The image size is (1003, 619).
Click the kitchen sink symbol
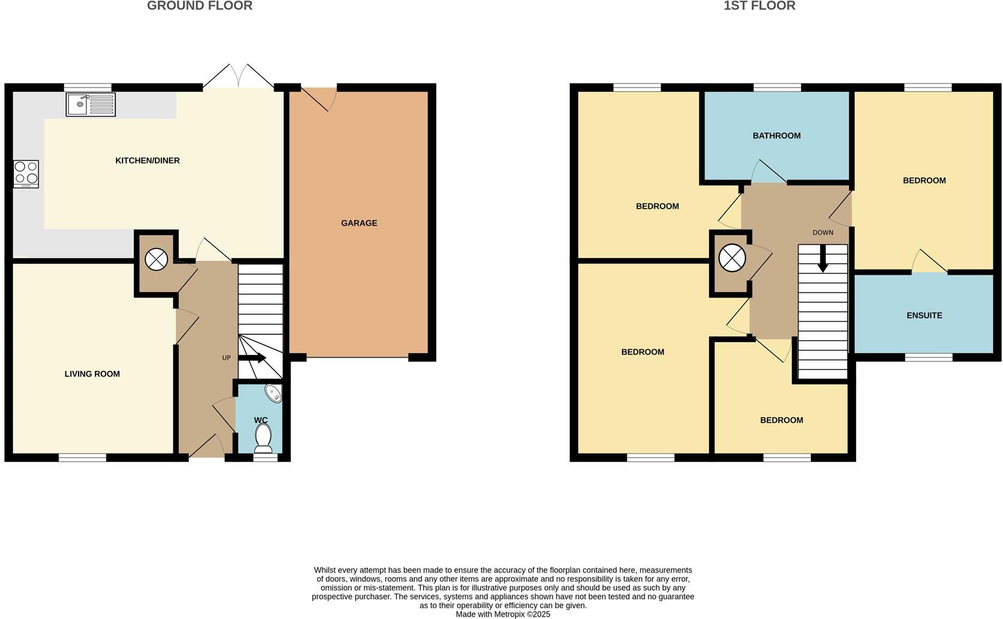[x=90, y=105]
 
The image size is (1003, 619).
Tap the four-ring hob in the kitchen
[x=26, y=174]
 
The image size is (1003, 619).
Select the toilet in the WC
[x=263, y=438]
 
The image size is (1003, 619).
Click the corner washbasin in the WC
[x=274, y=393]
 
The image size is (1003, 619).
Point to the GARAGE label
[x=359, y=223]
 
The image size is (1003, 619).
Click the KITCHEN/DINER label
[x=148, y=161]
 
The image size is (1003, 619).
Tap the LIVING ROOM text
[x=92, y=374]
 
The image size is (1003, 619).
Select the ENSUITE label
[x=924, y=315]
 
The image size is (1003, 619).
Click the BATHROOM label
[x=776, y=136]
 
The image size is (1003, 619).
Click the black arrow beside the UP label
[x=253, y=358]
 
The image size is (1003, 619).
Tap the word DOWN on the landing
[x=822, y=233]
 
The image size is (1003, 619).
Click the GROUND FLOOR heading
[x=200, y=6]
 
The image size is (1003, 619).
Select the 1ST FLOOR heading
[x=759, y=6]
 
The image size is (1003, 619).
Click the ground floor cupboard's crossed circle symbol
[x=156, y=259]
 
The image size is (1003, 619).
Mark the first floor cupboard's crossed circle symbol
[x=732, y=259]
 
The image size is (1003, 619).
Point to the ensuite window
[x=928, y=357]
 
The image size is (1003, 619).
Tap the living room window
[x=82, y=458]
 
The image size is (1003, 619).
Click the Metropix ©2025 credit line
[x=503, y=614]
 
